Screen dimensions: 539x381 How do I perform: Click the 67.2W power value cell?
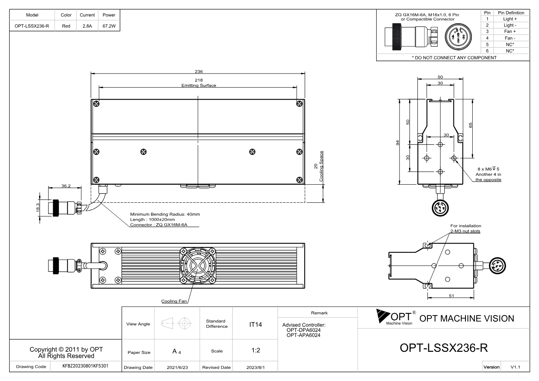coord(109,26)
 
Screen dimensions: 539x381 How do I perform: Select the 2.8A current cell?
coord(87,26)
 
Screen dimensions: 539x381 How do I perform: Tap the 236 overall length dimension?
coord(199,72)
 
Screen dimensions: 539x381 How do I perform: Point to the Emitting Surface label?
coord(199,86)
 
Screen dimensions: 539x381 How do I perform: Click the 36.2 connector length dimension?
coord(66,186)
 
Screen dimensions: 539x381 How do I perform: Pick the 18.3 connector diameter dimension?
coord(38,207)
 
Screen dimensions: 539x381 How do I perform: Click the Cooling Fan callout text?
coord(174,301)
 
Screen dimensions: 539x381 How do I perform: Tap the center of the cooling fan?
coord(198,265)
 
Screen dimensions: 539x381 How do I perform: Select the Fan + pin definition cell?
coord(510,32)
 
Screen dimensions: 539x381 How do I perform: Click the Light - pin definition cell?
coord(510,25)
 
